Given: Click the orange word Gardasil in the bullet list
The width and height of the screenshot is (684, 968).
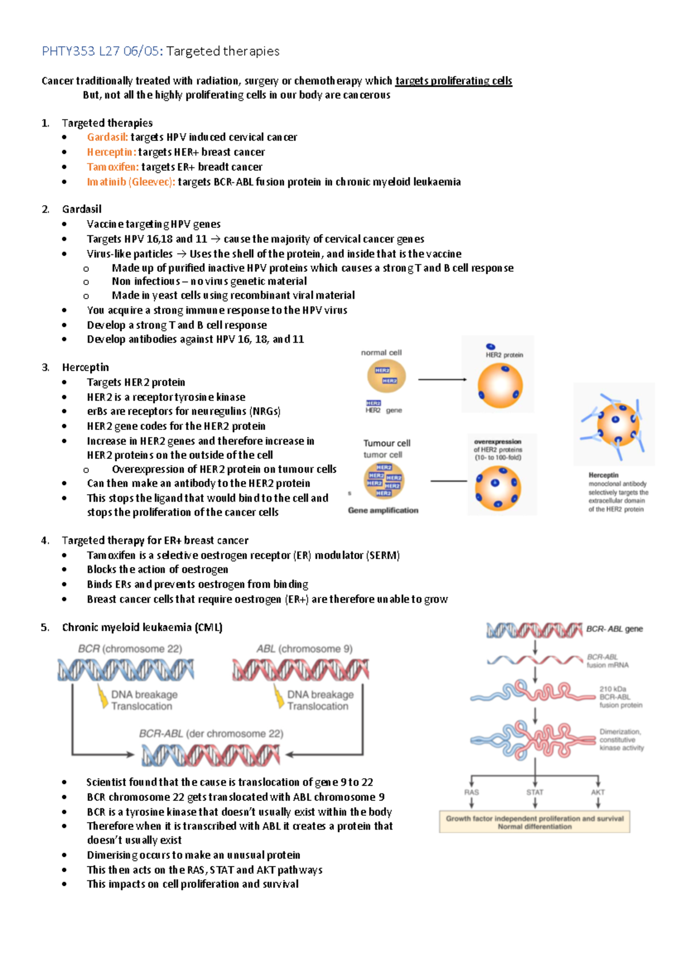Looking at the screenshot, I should click(x=107, y=137).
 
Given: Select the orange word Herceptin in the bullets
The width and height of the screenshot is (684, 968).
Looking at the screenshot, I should click(x=111, y=152).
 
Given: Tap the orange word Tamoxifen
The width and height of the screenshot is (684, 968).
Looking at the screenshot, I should click(x=112, y=167).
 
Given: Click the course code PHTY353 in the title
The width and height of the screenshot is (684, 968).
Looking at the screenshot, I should click(x=68, y=51).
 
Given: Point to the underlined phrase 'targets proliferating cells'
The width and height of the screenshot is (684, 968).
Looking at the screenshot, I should click(x=453, y=81).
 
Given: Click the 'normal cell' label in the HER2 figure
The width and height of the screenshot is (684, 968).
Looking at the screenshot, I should click(x=381, y=353).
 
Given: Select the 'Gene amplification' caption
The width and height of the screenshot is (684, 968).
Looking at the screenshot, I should click(x=383, y=510).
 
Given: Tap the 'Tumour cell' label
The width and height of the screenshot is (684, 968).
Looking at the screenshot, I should click(x=386, y=443).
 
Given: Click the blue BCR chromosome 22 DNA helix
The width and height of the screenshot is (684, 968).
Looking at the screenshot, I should click(x=125, y=670).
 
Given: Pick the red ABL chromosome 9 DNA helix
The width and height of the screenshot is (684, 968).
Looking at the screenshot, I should click(x=300, y=670).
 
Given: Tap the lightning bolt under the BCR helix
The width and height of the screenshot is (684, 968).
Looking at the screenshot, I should click(x=103, y=697).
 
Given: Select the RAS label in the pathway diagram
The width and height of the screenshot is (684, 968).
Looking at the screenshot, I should click(x=471, y=792).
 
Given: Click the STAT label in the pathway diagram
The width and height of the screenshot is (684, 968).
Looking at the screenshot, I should click(x=535, y=792).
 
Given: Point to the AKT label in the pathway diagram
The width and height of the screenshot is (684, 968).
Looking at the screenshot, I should click(x=597, y=792).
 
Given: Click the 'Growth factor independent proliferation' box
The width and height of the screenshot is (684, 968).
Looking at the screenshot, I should click(x=534, y=822).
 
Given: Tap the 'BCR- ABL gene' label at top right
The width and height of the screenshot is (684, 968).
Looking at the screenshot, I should click(x=614, y=629).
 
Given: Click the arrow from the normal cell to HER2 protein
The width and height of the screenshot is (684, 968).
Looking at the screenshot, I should click(x=442, y=379).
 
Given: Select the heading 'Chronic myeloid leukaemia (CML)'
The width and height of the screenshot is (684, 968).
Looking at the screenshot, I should click(x=142, y=628).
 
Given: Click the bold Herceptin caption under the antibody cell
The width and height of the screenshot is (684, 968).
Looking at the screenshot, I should click(x=603, y=475).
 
